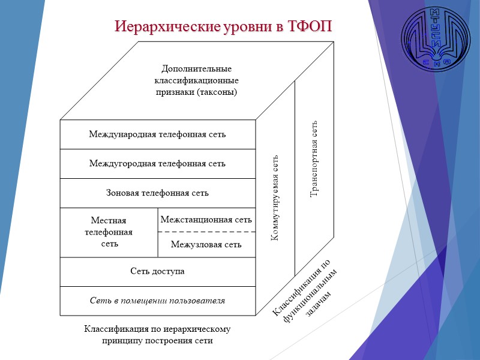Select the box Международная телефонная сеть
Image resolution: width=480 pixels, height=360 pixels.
tap(157, 134)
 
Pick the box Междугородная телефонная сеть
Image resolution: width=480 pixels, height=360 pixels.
tap(157, 163)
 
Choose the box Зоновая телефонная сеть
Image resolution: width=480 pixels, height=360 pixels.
tap(157, 193)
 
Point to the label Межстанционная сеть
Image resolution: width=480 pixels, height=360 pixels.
tap(206, 220)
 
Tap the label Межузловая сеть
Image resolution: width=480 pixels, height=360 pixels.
tap(206, 244)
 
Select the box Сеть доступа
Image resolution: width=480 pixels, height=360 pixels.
tap(157, 271)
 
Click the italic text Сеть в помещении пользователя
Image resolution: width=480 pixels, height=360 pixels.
tap(157, 300)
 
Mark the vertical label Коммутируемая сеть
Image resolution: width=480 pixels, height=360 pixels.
tap(275, 197)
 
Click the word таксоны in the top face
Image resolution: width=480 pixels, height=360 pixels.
tap(215, 92)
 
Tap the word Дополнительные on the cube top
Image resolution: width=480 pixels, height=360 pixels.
tap(197, 69)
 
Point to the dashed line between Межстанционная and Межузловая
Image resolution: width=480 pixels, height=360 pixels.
tap(206, 232)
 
